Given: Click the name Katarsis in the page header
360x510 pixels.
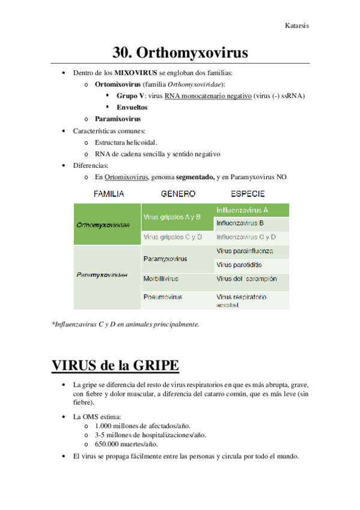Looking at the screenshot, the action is [x=297, y=26].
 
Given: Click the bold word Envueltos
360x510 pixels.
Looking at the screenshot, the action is [x=132, y=107].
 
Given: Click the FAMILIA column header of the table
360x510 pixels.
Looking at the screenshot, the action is [x=108, y=194].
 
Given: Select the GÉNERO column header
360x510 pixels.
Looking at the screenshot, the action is [x=178, y=194].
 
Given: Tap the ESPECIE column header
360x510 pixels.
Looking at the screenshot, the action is [x=247, y=194].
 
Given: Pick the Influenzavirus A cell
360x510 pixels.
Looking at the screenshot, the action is [x=242, y=210].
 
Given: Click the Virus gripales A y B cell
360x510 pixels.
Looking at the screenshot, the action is [x=172, y=217].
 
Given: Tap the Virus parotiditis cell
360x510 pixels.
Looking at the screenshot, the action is [x=239, y=265].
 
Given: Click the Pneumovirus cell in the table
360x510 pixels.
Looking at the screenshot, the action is [x=163, y=297].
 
